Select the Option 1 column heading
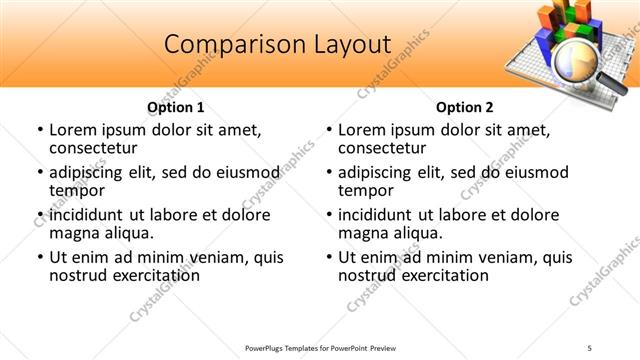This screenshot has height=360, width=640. (176, 107)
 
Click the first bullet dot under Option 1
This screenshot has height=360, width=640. (39, 131)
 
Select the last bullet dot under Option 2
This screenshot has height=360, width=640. (328, 258)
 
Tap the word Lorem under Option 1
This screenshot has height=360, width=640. (75, 131)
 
